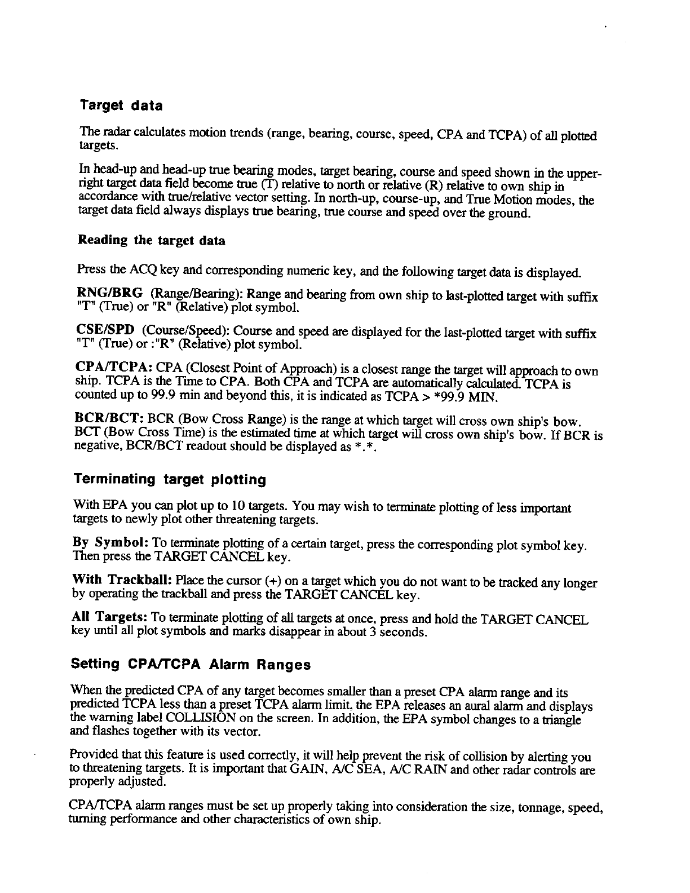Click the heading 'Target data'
click(x=121, y=105)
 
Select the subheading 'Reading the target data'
click(x=151, y=241)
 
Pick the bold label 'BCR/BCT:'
click(x=110, y=421)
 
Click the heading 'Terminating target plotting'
click(x=170, y=480)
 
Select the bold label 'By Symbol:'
click(x=110, y=543)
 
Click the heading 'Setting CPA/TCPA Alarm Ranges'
click(x=191, y=665)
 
